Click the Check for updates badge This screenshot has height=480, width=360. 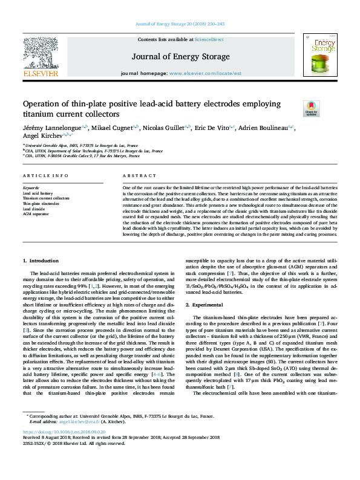[x=311, y=108]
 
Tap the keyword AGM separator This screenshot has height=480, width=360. [x=36, y=213]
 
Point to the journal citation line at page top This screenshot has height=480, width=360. [x=180, y=24]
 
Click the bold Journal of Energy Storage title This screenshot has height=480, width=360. [x=180, y=57]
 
